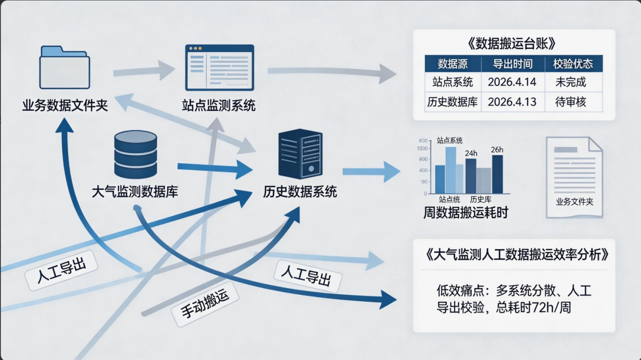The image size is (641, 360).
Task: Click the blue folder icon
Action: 64,68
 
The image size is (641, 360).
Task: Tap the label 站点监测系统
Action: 219,105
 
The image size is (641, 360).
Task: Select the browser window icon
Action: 219,67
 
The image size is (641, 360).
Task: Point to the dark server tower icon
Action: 300,154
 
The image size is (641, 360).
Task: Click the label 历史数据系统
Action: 300,191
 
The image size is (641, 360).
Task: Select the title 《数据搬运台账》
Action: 513,44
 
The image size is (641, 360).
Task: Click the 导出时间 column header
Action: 512,64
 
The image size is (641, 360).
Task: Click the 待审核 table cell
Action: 571,102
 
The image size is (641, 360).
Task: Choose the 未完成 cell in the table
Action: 571,82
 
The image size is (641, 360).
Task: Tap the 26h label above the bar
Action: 497,150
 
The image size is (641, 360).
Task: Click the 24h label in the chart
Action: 471,153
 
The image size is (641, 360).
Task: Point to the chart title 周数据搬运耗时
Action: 466,212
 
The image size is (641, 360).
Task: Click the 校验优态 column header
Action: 573,64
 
